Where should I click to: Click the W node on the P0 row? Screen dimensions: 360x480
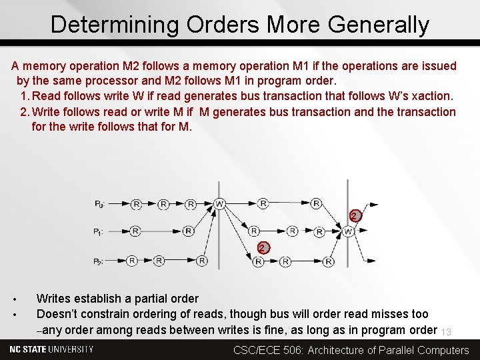(219, 203)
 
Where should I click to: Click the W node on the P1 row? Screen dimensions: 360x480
(347, 231)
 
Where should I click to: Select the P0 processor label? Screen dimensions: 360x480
(99, 203)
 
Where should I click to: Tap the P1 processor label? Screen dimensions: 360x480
(99, 231)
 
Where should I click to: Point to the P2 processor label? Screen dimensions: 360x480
(99, 261)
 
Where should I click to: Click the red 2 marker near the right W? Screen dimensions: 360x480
(355, 216)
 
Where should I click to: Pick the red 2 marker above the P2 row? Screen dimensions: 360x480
(263, 248)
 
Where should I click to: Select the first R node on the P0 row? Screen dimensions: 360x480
(136, 203)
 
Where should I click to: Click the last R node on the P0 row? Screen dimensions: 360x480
(316, 203)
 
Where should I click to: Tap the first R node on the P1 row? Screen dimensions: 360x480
(135, 231)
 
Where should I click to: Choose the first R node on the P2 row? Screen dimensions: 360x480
(132, 261)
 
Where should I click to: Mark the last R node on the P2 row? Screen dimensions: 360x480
(328, 261)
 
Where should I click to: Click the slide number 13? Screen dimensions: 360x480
(447, 332)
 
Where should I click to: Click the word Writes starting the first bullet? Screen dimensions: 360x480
(54, 299)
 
